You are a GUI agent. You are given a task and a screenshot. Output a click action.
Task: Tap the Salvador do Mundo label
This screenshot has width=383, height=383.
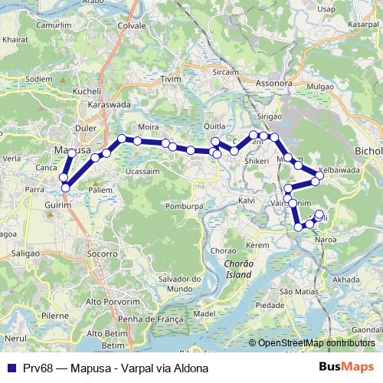coord(173,283)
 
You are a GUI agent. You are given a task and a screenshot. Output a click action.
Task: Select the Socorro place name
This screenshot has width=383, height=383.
coord(103,252)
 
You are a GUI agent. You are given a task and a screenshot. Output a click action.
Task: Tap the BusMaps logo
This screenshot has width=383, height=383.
coord(345,367)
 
